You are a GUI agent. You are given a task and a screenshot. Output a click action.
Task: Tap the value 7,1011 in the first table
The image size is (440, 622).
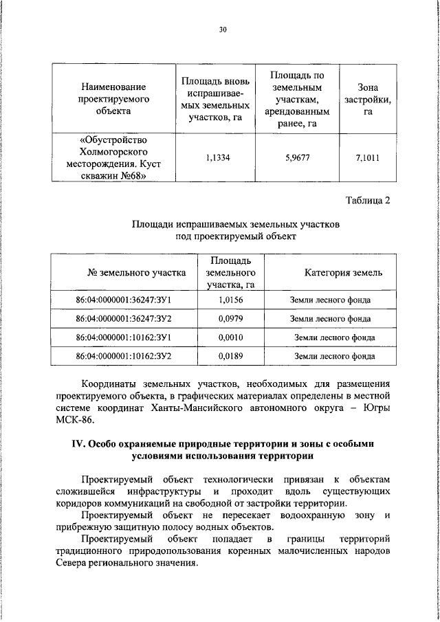(368, 157)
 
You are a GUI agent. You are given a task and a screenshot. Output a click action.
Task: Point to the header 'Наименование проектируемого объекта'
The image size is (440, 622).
(113, 99)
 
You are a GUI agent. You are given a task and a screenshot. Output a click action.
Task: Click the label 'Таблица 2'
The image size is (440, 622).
(366, 201)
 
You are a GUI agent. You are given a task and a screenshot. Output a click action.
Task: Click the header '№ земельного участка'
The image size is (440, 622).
(136, 273)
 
